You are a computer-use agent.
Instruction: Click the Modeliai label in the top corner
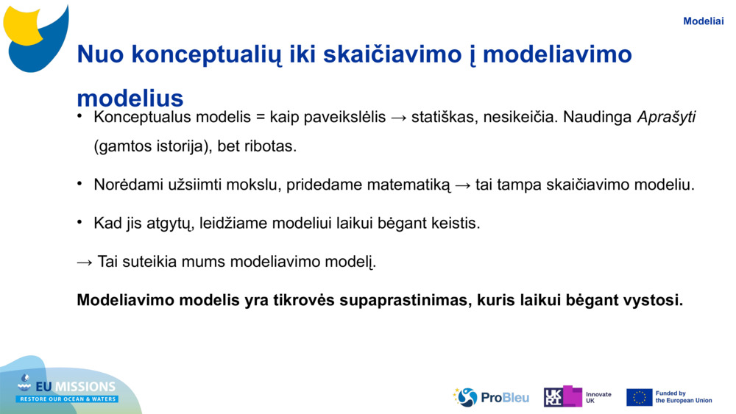point(703,21)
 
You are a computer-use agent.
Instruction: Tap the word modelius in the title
point(130,98)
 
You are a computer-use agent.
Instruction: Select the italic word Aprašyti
point(666,117)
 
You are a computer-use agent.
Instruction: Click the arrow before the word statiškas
point(398,118)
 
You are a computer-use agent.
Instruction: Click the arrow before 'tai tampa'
point(463,185)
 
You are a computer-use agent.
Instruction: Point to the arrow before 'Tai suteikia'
point(85,262)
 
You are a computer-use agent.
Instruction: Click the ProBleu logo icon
point(465,397)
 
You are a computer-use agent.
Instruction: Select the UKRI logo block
point(563,396)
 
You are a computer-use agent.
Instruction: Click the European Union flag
point(640,397)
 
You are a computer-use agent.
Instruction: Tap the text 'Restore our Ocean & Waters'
point(68,399)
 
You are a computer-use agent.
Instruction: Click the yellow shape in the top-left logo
point(22,25)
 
